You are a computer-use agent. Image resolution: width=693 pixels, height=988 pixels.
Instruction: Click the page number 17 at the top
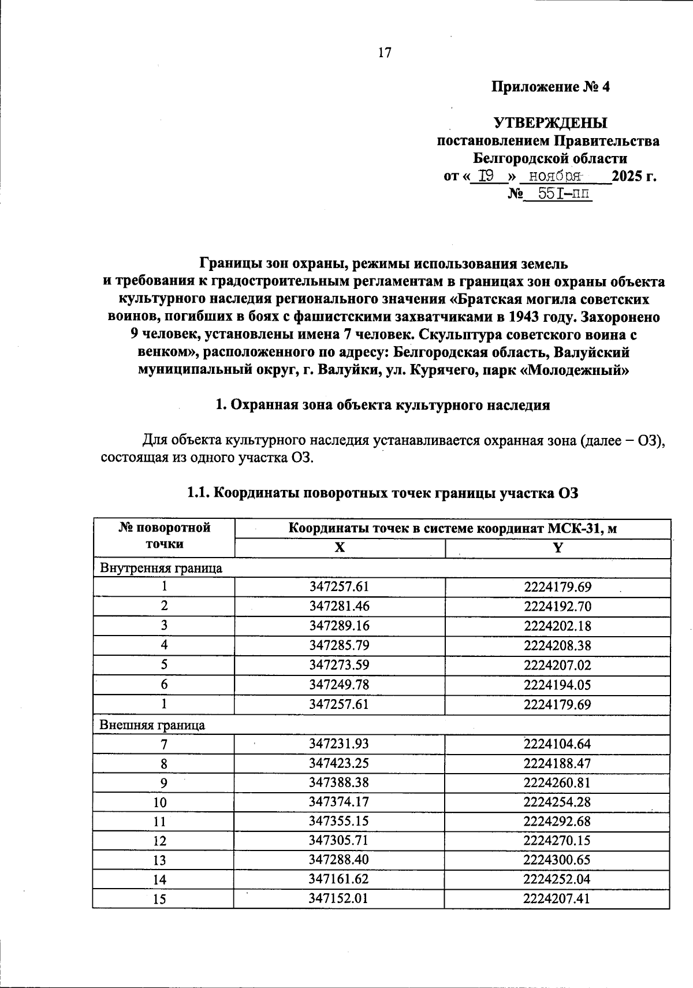[x=385, y=53]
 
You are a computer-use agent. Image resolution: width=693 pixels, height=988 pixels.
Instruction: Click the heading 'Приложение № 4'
[x=550, y=87]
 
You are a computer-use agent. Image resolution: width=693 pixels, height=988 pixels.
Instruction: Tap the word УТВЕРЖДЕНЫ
[x=550, y=123]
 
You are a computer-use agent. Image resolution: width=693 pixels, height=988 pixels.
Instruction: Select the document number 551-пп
[x=564, y=194]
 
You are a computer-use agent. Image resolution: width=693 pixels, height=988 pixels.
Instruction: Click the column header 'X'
[x=340, y=548]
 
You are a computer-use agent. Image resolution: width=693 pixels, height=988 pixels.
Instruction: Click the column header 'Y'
[x=557, y=548]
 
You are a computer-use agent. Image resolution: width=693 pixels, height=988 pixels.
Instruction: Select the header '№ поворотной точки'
[x=164, y=535]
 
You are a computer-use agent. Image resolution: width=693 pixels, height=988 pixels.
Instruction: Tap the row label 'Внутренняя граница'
[x=161, y=568]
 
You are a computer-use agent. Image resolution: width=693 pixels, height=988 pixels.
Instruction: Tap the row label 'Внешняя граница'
[x=152, y=725]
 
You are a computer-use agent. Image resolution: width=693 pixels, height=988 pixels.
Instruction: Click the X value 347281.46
[x=339, y=606]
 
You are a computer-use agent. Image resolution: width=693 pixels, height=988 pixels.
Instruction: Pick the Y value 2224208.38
[x=557, y=645]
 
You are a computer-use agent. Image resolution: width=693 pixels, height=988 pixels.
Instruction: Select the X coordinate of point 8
[x=339, y=763]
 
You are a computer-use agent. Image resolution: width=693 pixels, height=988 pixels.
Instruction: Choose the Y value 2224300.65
[x=557, y=860]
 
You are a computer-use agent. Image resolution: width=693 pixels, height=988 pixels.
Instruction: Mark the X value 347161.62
[x=339, y=879]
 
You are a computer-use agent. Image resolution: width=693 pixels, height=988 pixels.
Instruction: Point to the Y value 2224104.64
[x=557, y=744]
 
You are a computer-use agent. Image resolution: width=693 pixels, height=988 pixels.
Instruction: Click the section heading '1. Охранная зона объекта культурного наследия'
[x=382, y=405]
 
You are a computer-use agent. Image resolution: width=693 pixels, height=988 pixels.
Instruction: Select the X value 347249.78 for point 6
[x=339, y=685]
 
